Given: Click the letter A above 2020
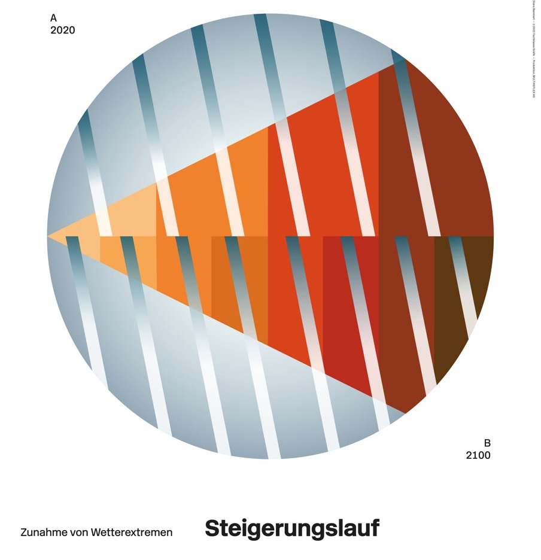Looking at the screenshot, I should point(53,18).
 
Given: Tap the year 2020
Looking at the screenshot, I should point(63,30).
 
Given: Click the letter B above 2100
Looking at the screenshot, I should point(487,443).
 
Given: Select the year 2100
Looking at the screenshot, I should point(478,455).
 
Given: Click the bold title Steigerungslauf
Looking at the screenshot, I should point(292,528).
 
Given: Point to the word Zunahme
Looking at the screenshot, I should point(42,532).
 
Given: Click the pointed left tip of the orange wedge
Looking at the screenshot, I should point(50,236).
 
